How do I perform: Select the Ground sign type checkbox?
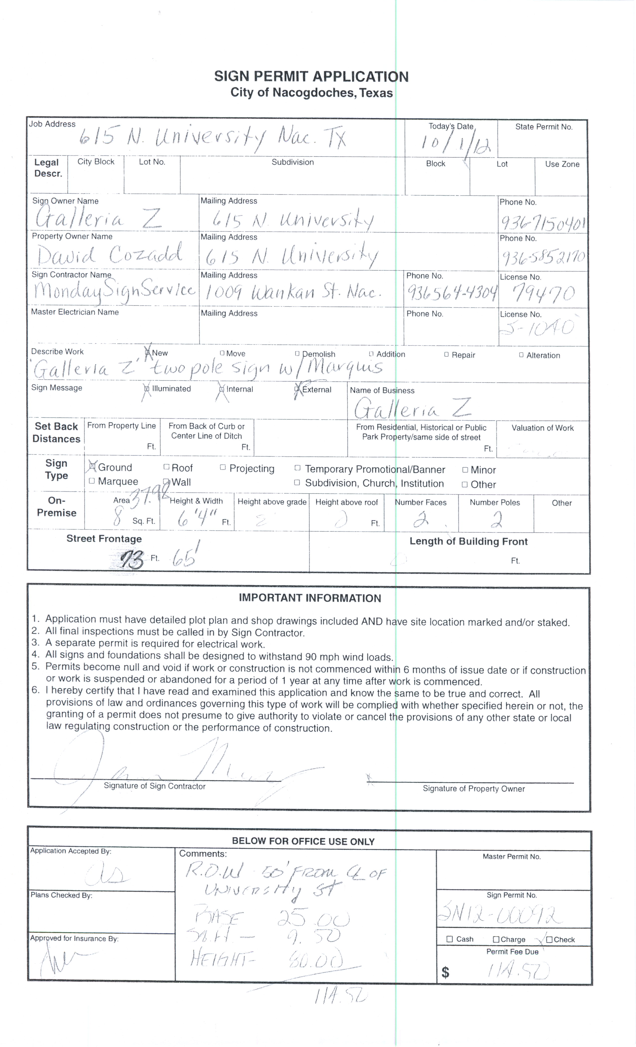coord(91,467)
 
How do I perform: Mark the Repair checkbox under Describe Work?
coord(446,354)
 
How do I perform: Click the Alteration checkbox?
coord(521,355)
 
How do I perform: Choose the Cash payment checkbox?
coord(450,939)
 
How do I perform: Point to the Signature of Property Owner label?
coord(474,789)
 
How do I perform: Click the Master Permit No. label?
coord(512,856)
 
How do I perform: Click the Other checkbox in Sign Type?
coord(465,484)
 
